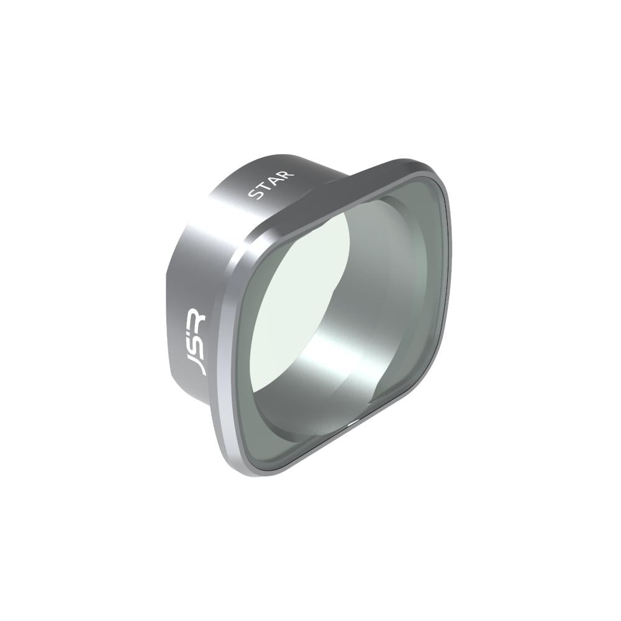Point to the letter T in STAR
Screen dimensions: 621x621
pyautogui.click(x=265, y=187)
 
